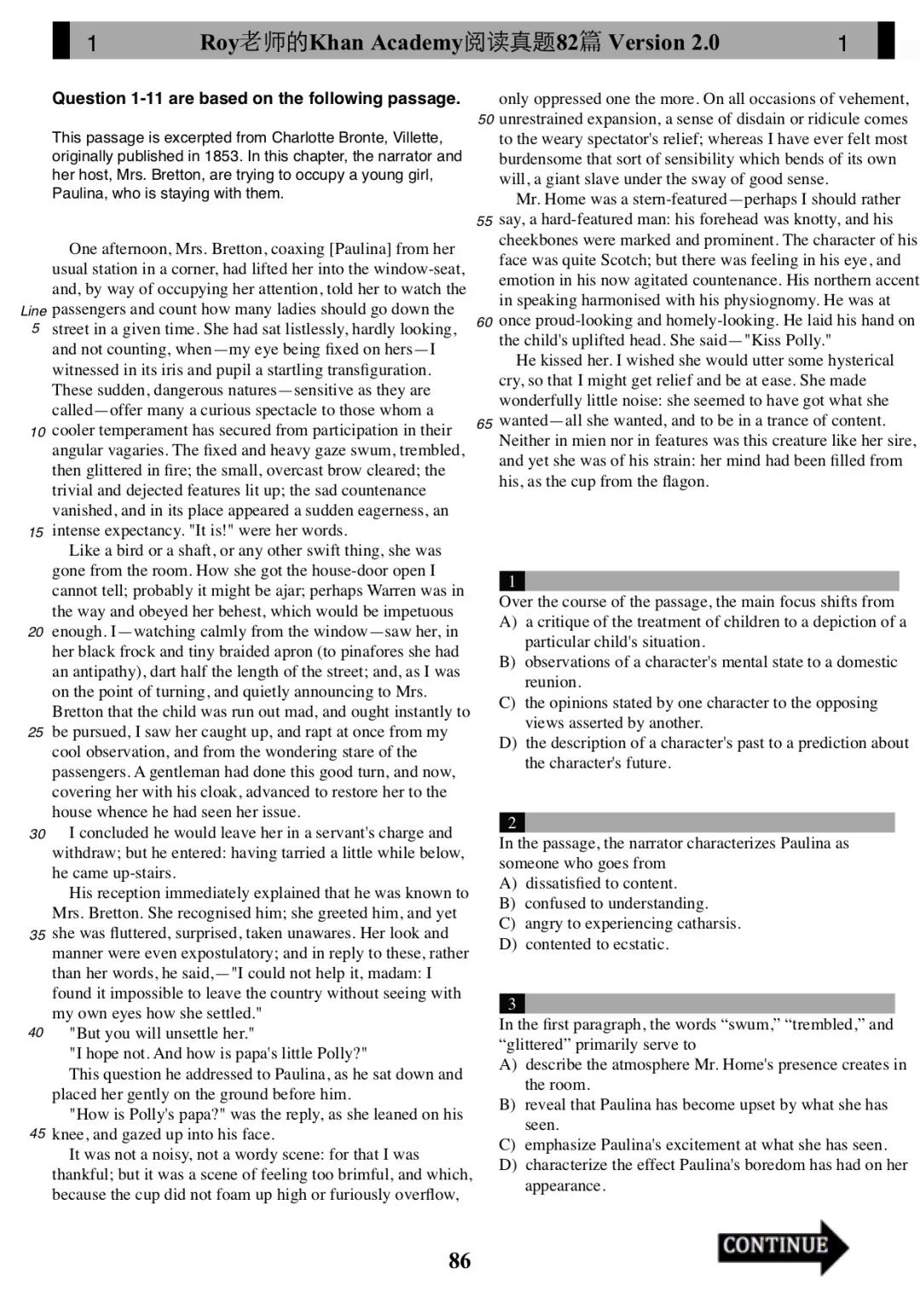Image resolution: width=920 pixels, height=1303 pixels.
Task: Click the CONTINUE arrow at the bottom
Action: [x=782, y=1246]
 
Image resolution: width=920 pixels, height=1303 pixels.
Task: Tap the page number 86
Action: [x=459, y=1260]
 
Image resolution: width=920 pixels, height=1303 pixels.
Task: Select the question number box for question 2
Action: [x=512, y=822]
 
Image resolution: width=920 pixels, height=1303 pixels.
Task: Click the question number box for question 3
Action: [x=512, y=1004]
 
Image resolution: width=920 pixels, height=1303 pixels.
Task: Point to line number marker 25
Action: [x=36, y=732]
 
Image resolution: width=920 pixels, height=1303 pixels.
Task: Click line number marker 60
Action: [x=485, y=322]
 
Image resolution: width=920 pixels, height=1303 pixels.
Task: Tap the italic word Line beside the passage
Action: [x=33, y=311]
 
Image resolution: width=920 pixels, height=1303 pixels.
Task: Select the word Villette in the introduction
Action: [x=417, y=137]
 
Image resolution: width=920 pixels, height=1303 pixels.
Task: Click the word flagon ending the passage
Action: [x=684, y=481]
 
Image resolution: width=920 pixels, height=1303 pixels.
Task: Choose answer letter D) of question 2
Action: [x=508, y=944]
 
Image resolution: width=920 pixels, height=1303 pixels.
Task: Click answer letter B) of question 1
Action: [x=508, y=662]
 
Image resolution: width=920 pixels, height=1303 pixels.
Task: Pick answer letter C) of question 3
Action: [x=508, y=1144]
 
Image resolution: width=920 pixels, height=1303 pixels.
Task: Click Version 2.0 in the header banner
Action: [x=664, y=43]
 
